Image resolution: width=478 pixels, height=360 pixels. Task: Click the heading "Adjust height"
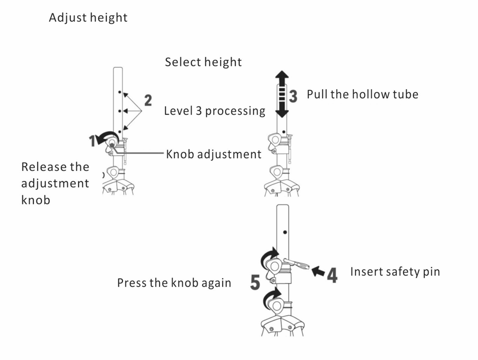88,18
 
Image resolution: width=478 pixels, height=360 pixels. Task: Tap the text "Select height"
203,62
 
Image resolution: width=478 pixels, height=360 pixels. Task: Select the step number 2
148,100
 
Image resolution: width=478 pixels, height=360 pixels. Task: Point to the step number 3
293,95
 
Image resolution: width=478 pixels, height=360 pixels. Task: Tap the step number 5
255,283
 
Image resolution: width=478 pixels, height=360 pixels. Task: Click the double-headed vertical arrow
282,94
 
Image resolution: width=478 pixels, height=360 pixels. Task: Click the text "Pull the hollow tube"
363,95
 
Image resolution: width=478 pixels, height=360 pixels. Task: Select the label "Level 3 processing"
215,111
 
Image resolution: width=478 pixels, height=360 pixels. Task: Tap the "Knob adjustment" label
214,154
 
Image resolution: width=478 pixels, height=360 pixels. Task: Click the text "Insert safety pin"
395,272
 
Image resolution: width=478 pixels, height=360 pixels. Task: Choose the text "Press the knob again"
174,283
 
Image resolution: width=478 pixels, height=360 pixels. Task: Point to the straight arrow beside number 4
319,271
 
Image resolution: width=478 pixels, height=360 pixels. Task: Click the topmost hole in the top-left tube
119,92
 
